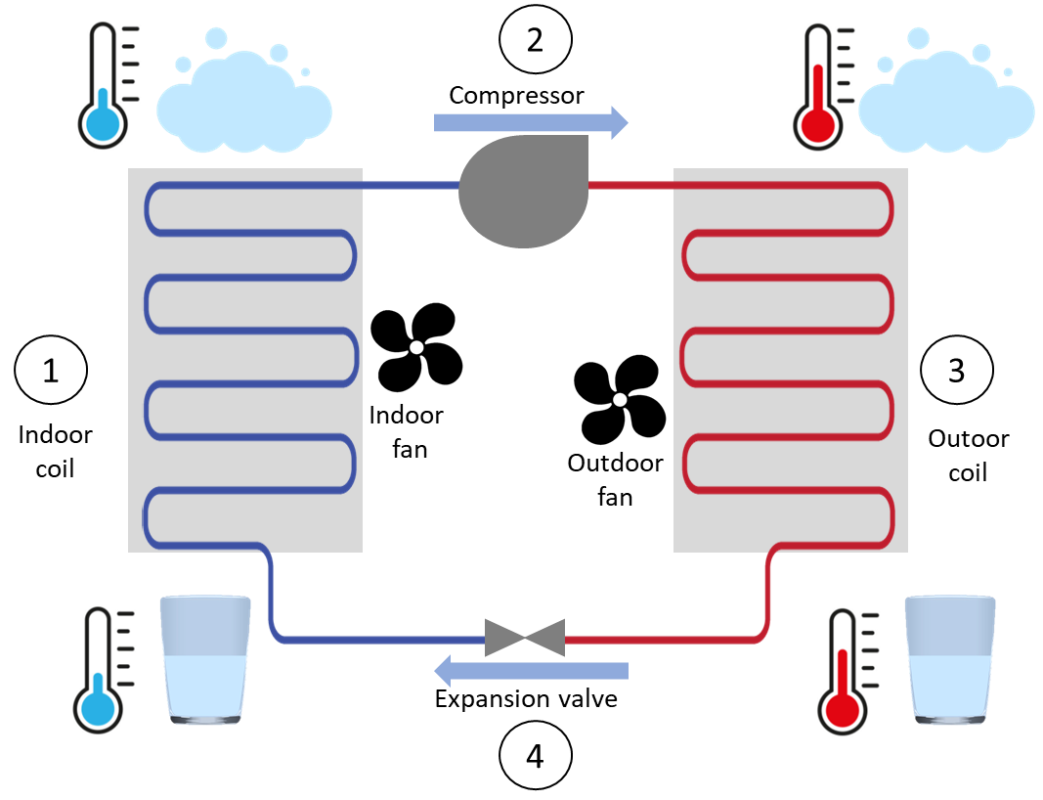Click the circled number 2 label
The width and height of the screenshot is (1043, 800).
tap(535, 40)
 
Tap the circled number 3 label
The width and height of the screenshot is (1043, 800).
tap(957, 371)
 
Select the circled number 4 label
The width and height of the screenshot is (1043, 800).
tap(535, 756)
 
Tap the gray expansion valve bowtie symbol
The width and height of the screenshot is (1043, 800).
tap(525, 638)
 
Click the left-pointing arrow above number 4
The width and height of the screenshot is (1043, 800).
tap(530, 671)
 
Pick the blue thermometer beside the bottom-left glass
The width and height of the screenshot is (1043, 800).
tap(106, 668)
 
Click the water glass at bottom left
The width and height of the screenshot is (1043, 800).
tap(205, 659)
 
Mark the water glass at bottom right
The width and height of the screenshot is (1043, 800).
tap(949, 659)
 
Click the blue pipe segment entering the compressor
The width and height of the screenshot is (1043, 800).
tap(411, 185)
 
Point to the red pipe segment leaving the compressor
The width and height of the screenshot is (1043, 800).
tap(630, 185)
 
